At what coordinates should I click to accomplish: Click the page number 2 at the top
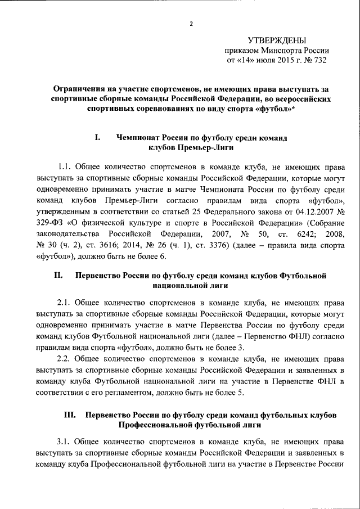tap(191, 24)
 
